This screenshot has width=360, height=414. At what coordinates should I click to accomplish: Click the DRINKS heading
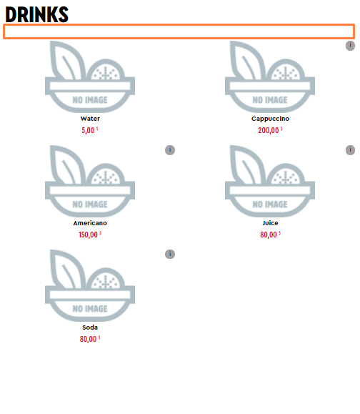point(36,14)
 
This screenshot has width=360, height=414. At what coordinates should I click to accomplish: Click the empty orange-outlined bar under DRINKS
point(179,31)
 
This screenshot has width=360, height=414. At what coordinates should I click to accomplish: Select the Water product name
point(90,119)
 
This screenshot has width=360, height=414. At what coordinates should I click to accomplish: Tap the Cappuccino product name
point(270,119)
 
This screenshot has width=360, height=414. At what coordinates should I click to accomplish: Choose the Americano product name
point(90,223)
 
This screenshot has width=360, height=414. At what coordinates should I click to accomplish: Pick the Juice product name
point(270,223)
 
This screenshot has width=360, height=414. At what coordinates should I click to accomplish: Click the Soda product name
point(90,327)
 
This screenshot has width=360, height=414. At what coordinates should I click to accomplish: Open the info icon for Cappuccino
point(350,46)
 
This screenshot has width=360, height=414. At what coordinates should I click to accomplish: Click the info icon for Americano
point(170,150)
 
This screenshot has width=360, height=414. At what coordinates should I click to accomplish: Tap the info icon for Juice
point(350,150)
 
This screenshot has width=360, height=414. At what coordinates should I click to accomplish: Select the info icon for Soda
point(170,254)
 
